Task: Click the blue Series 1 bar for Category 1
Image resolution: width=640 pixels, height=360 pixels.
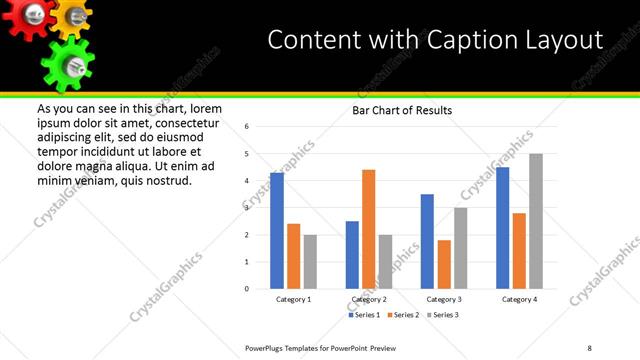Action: pyautogui.click(x=277, y=231)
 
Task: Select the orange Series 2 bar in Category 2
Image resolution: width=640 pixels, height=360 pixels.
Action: pyautogui.click(x=368, y=229)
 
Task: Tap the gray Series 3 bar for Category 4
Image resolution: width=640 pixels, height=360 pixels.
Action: pyautogui.click(x=536, y=221)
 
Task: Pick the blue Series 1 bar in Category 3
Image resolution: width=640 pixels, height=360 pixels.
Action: pyautogui.click(x=427, y=241)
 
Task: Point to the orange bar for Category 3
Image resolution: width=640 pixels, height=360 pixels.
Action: pyautogui.click(x=444, y=264)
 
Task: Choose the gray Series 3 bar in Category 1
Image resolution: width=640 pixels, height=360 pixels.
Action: pyautogui.click(x=310, y=262)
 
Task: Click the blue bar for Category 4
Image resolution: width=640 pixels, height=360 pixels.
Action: pyautogui.click(x=503, y=228)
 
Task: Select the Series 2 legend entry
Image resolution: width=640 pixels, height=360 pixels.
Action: pyautogui.click(x=402, y=315)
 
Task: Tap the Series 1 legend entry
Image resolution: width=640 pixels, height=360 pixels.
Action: pyautogui.click(x=363, y=315)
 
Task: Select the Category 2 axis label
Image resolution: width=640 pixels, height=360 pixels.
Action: pyautogui.click(x=369, y=300)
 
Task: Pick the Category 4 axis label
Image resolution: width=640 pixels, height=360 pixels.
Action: pyautogui.click(x=519, y=300)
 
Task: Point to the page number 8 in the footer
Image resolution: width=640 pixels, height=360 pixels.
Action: pyautogui.click(x=589, y=347)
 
